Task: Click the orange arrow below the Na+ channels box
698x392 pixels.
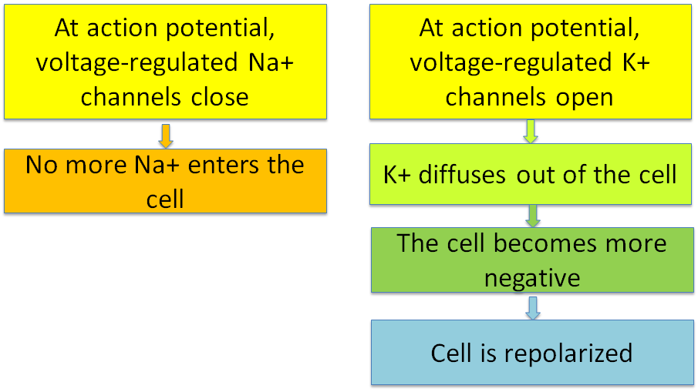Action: coord(166,136)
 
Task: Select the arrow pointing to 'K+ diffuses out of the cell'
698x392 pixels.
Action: coord(530,131)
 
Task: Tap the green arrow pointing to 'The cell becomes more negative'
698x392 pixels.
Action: coord(532,216)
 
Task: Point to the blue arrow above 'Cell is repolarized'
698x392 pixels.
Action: coord(532,308)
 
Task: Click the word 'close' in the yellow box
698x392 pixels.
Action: coord(220,97)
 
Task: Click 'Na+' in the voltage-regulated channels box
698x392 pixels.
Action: coord(271,62)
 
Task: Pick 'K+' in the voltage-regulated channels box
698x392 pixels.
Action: coord(636,62)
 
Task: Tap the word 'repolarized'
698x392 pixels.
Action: coord(568,353)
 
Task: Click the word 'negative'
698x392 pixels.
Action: coord(532,279)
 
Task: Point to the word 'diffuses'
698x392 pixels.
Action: coord(462,174)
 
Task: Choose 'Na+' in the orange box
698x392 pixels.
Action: coord(157,165)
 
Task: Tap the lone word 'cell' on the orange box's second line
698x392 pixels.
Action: coord(165,199)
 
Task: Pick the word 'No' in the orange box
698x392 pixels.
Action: coord(41,165)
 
